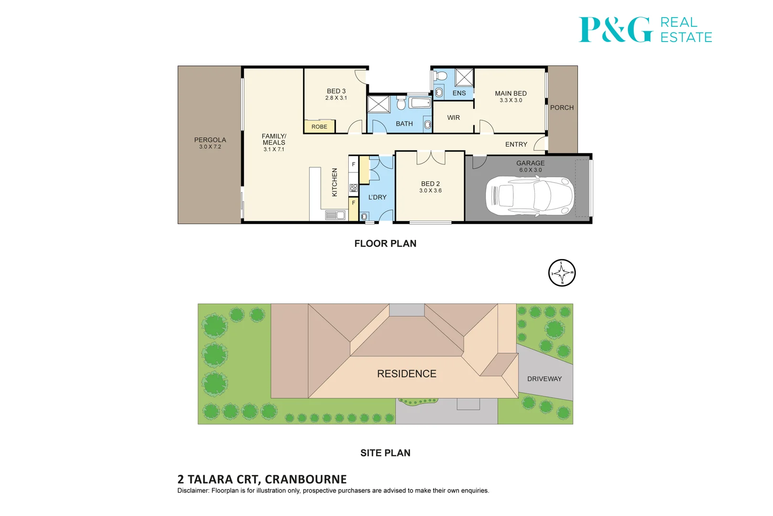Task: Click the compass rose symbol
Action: coord(562,273)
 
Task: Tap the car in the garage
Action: coord(530,197)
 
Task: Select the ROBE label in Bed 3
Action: coord(319,127)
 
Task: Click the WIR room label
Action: coord(453,118)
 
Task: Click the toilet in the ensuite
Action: coord(440,75)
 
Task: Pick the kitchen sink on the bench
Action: coord(335,215)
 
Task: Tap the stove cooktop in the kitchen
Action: coord(354,188)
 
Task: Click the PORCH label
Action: coord(562,107)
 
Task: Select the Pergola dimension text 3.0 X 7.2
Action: coord(210,147)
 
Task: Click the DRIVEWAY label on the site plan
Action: coord(544,379)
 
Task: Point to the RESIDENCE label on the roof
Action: coord(407,374)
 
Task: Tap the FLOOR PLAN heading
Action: coord(386,243)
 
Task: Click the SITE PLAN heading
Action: coord(386,453)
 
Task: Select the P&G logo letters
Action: coord(616,30)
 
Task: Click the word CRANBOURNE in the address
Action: coord(306,479)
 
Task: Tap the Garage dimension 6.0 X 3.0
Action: coord(531,170)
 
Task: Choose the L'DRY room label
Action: coord(377,197)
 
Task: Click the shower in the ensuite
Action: coord(464,77)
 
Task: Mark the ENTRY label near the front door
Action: coord(516,144)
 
